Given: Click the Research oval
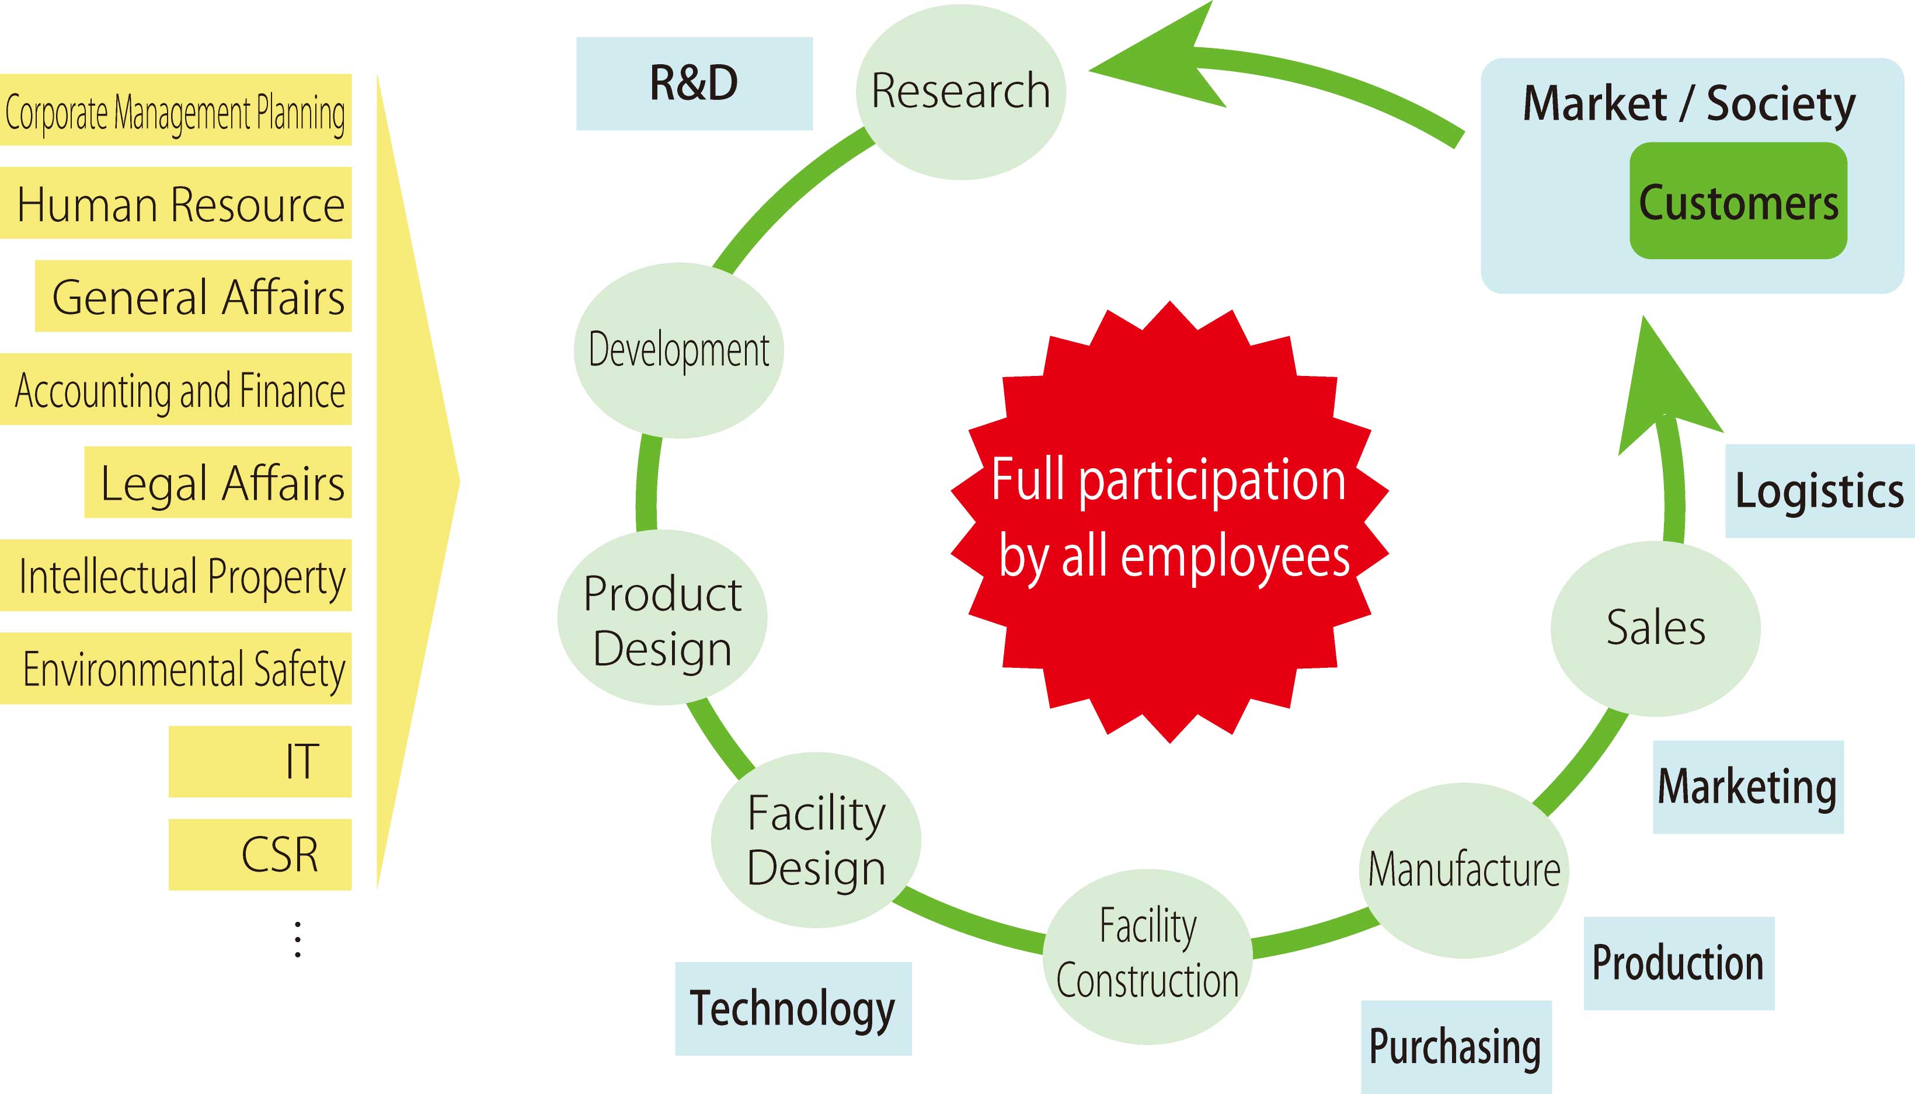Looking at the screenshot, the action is tap(961, 92).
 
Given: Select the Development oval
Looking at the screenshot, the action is tap(678, 350).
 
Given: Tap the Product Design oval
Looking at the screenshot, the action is tap(662, 618).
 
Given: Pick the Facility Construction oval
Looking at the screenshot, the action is tap(1147, 956).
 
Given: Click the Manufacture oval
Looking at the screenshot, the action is tap(1464, 870).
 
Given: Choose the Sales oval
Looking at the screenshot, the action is tap(1656, 628).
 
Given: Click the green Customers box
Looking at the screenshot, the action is tap(1738, 201).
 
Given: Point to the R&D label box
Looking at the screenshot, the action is tap(694, 83).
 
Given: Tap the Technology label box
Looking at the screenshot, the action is tap(793, 1008).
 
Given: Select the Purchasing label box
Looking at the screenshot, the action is tap(1456, 1047).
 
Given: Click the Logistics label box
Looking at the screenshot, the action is tap(1820, 490).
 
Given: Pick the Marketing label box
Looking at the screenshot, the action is tap(1748, 787).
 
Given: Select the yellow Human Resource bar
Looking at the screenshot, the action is tap(176, 203).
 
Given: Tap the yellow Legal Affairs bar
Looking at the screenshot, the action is tap(218, 482).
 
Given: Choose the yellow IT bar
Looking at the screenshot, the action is tap(260, 761).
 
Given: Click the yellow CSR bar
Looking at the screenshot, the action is tap(260, 854).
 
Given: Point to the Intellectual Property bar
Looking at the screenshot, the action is tap(176, 576).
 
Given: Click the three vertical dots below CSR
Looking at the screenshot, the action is tap(298, 939).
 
